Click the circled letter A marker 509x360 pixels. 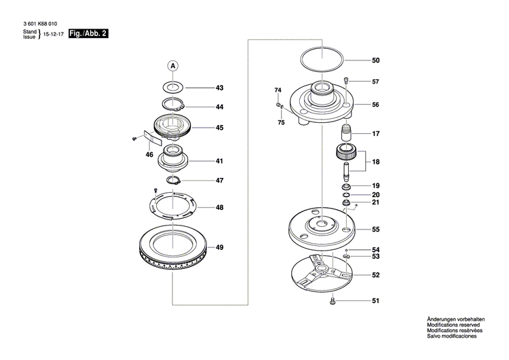(172, 66)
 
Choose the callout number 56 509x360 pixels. (375, 105)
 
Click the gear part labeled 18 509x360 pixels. (347, 154)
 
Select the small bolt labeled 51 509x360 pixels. (333, 301)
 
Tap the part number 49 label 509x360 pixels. (219, 247)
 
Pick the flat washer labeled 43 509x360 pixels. (172, 88)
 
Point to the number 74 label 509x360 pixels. (278, 90)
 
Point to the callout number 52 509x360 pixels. (375, 275)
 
